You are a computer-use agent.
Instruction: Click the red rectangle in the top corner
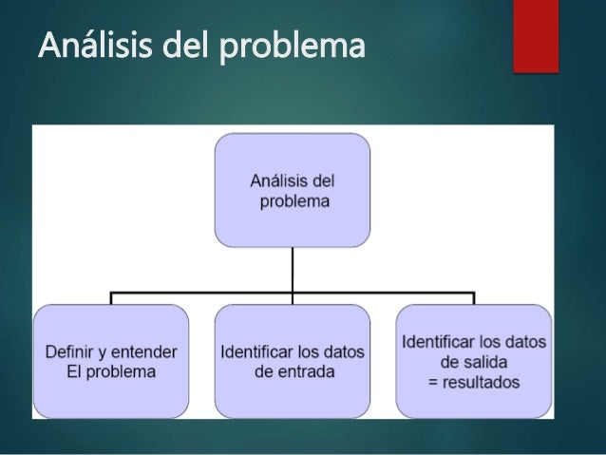536,36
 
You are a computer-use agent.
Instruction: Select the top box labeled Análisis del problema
292,190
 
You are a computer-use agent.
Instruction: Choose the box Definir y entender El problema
111,361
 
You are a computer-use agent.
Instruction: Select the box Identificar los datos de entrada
293,361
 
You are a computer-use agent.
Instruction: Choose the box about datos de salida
474,361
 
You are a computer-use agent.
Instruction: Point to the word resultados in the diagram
482,382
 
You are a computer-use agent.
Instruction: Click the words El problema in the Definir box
111,371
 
